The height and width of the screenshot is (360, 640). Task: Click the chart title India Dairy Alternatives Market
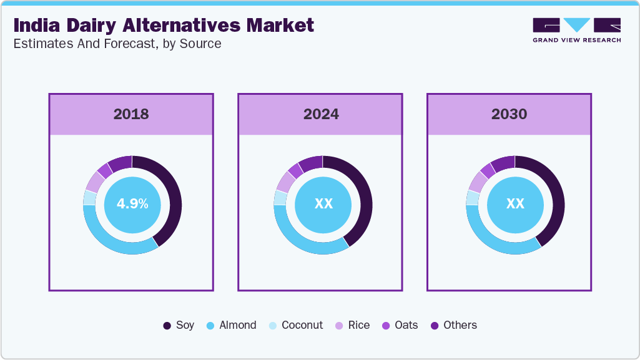[164, 26]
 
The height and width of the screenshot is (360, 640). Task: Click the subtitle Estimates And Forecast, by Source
[117, 44]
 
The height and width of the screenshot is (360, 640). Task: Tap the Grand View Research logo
[576, 30]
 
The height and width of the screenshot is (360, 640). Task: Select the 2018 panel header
[131, 114]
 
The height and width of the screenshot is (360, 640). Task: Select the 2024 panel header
[321, 114]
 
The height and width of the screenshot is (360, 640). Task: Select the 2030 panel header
[509, 114]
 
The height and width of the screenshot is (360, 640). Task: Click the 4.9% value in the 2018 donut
[132, 204]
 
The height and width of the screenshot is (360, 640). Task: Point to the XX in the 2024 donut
[323, 204]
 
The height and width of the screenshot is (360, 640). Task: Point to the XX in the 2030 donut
[515, 204]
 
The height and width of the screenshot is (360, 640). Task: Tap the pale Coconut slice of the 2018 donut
[89, 198]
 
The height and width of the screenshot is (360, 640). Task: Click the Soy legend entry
[179, 325]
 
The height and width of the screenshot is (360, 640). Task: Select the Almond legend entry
[231, 325]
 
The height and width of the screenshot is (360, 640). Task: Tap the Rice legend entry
[352, 325]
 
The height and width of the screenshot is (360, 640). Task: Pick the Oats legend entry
[400, 325]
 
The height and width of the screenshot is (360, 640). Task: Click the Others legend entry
[453, 325]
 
